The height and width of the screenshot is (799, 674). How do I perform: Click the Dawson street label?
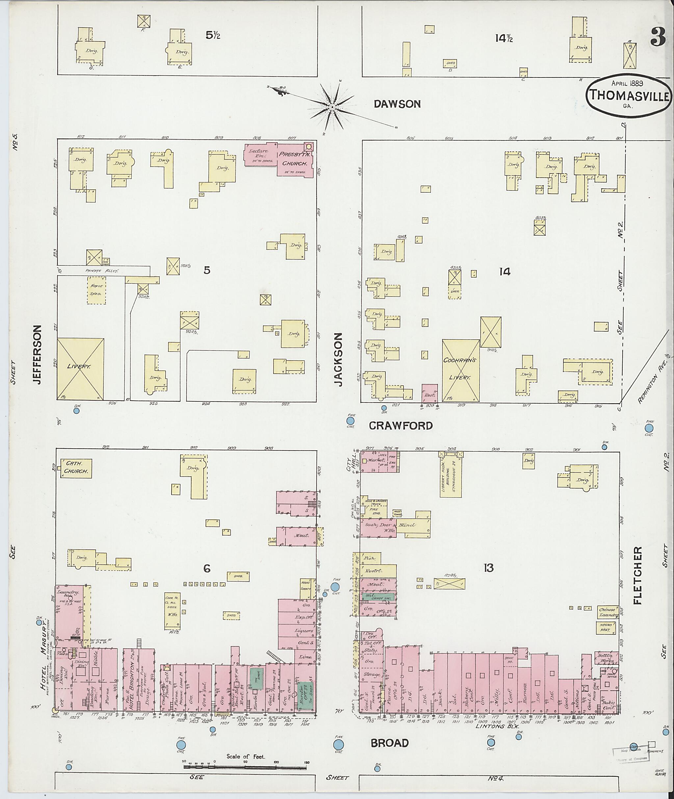(x=397, y=104)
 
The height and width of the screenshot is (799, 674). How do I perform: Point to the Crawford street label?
(x=401, y=425)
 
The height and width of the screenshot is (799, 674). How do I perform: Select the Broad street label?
(x=390, y=743)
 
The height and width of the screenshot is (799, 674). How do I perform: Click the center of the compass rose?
(x=332, y=107)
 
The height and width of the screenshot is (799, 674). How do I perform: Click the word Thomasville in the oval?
(x=629, y=96)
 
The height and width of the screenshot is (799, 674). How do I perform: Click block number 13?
(x=488, y=568)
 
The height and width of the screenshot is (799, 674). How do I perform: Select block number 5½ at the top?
(x=213, y=35)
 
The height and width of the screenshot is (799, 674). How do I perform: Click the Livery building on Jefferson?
(x=80, y=368)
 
